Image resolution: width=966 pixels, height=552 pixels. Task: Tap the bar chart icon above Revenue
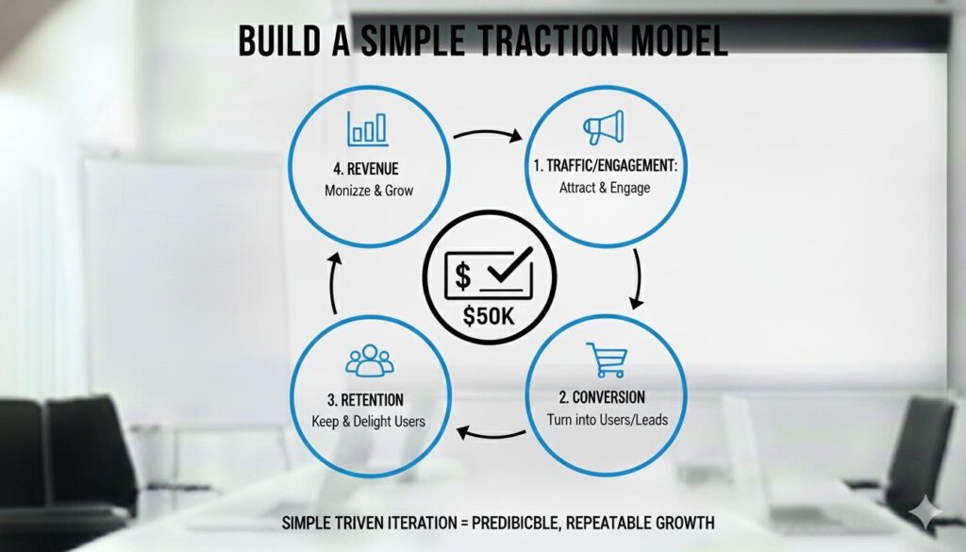pos(368,128)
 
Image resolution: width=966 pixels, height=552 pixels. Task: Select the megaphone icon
pos(604,126)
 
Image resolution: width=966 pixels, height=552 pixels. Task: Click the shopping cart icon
pos(607,360)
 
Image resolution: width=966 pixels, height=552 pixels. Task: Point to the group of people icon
pos(369,360)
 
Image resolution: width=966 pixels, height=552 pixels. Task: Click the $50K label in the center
pos(489,316)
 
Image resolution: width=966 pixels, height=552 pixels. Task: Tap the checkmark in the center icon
pos(509,265)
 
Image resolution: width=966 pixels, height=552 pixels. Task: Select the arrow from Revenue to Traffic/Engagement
pos(488,133)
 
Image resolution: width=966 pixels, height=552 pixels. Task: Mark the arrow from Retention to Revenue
pos(333,283)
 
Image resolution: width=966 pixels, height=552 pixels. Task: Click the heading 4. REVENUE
pos(366,169)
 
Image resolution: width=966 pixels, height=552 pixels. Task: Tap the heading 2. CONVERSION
pos(602,397)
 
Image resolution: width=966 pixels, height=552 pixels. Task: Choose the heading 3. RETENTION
pos(365,400)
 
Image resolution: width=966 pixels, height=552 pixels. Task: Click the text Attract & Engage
pos(605,188)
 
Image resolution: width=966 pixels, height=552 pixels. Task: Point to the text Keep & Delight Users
pos(369,422)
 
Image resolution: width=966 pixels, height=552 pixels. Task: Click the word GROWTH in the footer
pos(685,523)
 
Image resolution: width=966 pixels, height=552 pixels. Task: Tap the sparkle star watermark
pos(925,512)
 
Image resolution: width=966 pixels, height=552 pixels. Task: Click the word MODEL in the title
pos(679,42)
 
